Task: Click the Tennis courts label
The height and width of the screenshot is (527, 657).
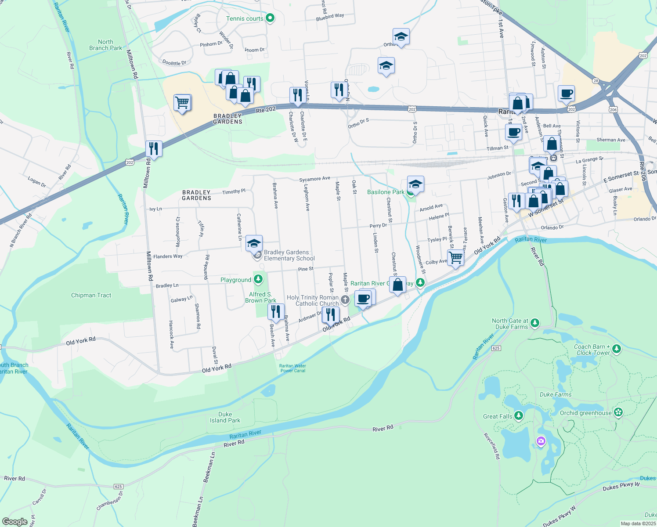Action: [245, 18]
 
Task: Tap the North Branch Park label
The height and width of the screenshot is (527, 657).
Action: [105, 45]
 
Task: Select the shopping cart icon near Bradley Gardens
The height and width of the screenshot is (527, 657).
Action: [182, 103]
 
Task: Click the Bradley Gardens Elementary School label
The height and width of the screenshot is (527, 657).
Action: [289, 255]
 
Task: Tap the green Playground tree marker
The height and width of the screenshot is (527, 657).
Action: [258, 279]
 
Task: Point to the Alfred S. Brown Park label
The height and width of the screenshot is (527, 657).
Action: [260, 297]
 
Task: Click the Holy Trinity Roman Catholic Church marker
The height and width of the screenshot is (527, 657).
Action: [345, 300]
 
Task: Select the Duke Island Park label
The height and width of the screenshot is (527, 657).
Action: [225, 417]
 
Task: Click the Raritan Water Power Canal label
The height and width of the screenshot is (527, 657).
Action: [292, 368]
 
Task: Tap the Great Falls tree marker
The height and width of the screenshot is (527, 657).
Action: [519, 415]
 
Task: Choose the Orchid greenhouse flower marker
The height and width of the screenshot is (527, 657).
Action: [618, 412]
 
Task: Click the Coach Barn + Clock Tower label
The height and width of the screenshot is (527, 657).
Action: [592, 350]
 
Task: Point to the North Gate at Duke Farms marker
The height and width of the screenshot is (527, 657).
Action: [534, 323]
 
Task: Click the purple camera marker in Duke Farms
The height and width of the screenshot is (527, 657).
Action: [541, 441]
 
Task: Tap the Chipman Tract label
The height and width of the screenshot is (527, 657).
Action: [91, 295]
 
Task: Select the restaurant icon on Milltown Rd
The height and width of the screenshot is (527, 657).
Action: [154, 148]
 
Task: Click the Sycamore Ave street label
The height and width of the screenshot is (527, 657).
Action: [314, 179]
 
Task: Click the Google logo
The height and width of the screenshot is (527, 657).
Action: [15, 522]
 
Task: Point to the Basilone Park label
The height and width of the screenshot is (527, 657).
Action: [386, 192]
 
